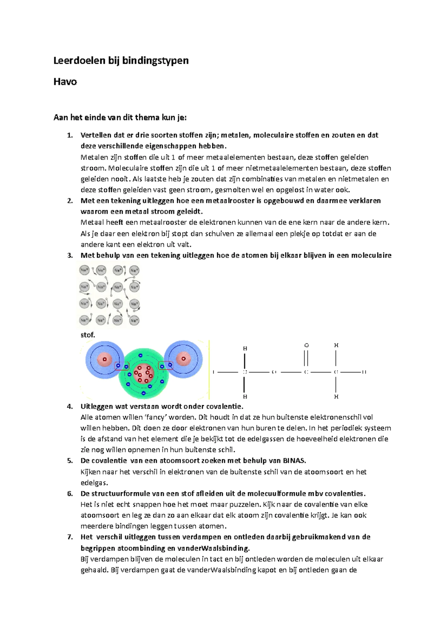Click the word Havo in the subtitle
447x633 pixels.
pyautogui.click(x=65, y=82)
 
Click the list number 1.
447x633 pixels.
pyautogui.click(x=70, y=135)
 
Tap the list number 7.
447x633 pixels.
pyautogui.click(x=70, y=537)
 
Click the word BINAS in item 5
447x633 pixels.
pyautogui.click(x=294, y=460)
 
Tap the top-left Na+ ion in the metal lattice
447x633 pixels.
pyautogui.click(x=85, y=270)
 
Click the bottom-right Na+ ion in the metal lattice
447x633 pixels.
pyautogui.click(x=134, y=320)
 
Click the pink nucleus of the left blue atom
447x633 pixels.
pyautogui.click(x=105, y=359)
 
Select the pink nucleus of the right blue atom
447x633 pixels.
pyautogui.click(x=183, y=359)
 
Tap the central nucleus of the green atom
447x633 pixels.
pyautogui.click(x=144, y=373)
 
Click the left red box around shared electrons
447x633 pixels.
pyautogui.click(x=122, y=366)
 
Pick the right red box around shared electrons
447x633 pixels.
pyautogui.click(x=166, y=366)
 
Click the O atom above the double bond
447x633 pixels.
pyautogui.click(x=306, y=345)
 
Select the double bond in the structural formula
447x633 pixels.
pyautogui.click(x=306, y=359)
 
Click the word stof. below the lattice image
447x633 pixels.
pyautogui.click(x=88, y=335)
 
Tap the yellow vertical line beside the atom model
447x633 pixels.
pyautogui.click(x=209, y=369)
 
